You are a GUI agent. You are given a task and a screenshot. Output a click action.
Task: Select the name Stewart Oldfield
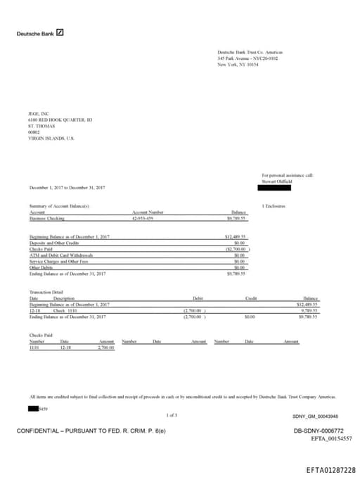click(x=276, y=180)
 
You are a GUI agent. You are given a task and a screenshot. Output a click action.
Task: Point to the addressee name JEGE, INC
click(x=39, y=114)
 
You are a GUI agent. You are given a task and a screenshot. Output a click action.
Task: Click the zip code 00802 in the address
click(x=34, y=132)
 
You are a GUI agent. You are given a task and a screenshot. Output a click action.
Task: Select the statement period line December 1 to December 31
click(x=67, y=188)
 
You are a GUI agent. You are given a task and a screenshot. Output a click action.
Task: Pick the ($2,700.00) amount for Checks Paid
click(x=237, y=249)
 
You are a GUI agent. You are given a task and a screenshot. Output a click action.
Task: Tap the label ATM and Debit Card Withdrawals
click(x=60, y=255)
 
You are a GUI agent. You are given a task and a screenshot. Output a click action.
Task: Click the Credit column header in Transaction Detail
click(x=251, y=298)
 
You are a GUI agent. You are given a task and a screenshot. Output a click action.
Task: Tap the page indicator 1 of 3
click(x=172, y=416)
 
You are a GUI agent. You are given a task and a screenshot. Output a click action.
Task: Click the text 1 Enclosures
click(x=274, y=206)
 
